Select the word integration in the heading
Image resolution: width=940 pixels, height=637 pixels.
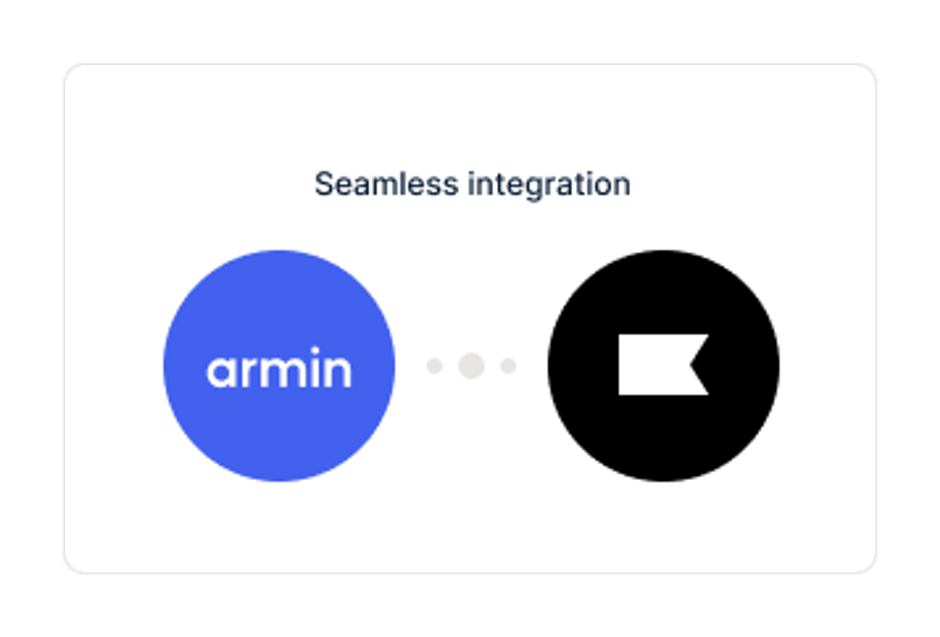click(x=549, y=186)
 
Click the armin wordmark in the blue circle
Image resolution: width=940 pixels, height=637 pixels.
click(x=279, y=367)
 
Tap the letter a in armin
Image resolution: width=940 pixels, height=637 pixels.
click(x=221, y=372)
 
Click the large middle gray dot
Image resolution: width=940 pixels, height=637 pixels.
click(x=471, y=366)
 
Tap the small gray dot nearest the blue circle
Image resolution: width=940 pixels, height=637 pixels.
click(x=435, y=366)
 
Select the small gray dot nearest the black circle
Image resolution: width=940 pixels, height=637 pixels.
click(x=508, y=366)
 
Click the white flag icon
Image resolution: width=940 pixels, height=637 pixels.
click(x=655, y=364)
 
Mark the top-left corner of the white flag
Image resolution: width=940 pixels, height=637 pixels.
click(x=619, y=335)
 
